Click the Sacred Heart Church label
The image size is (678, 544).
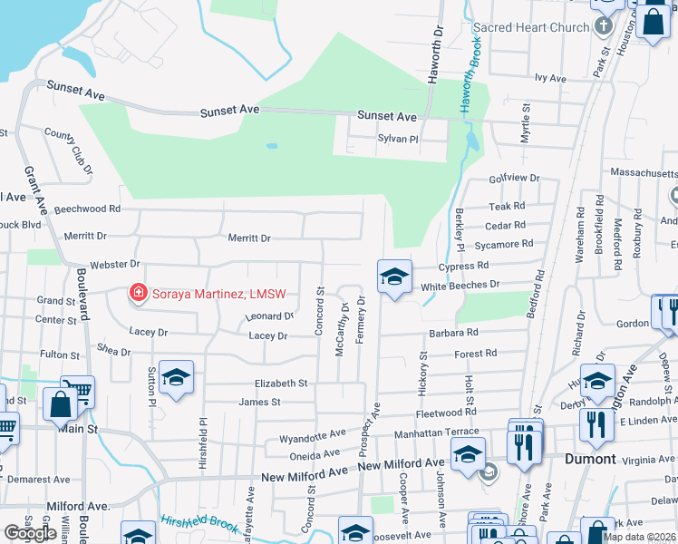(531, 27)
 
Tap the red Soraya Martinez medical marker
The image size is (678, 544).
(138, 293)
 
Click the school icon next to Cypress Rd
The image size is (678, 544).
(394, 277)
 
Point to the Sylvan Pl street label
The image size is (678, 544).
(398, 140)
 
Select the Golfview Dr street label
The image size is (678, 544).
(515, 179)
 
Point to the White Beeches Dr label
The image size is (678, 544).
(460, 285)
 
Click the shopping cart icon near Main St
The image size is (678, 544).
(78, 392)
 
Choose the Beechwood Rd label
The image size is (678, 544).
(87, 209)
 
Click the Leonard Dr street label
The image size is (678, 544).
(270, 317)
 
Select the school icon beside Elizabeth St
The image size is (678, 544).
(176, 378)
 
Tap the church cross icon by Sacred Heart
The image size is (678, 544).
(605, 25)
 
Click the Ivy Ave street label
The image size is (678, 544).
(550, 79)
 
